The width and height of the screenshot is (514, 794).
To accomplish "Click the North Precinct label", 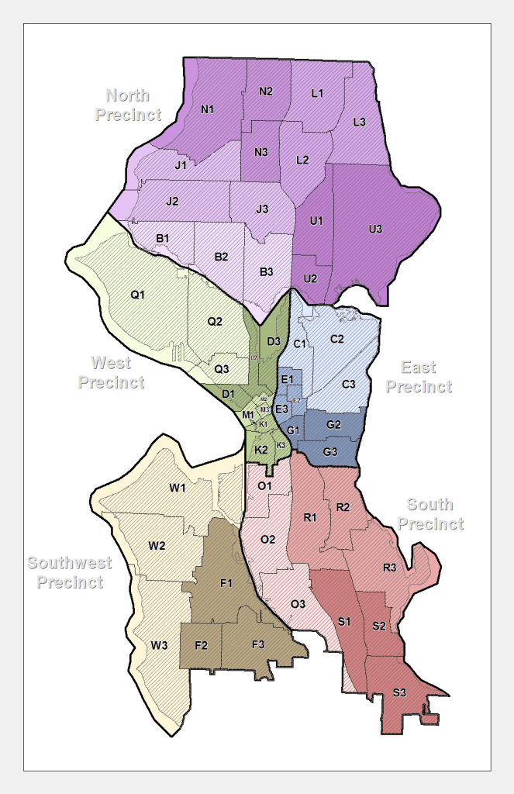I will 128,105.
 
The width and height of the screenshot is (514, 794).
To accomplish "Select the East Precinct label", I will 419,377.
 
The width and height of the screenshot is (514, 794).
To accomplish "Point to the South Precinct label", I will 430,515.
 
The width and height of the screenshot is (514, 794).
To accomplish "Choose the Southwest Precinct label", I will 70,573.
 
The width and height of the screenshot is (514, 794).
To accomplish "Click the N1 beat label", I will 207,109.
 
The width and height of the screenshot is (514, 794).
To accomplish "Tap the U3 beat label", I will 375,229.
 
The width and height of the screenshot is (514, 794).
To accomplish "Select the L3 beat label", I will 359,122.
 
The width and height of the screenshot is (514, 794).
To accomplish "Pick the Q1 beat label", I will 138,295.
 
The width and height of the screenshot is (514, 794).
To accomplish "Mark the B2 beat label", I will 221,257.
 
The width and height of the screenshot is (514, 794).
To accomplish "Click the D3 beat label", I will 273,341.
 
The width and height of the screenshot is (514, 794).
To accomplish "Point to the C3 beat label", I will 349,384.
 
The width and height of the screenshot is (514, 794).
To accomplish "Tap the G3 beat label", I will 330,451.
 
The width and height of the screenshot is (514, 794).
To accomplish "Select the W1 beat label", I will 178,488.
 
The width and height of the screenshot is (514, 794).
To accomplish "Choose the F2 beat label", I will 201,644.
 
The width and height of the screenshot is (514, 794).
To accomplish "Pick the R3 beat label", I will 389,568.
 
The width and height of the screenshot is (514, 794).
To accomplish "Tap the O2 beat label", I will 268,539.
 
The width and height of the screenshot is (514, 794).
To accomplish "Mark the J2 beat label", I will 172,202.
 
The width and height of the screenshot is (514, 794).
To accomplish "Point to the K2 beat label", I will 261,449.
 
